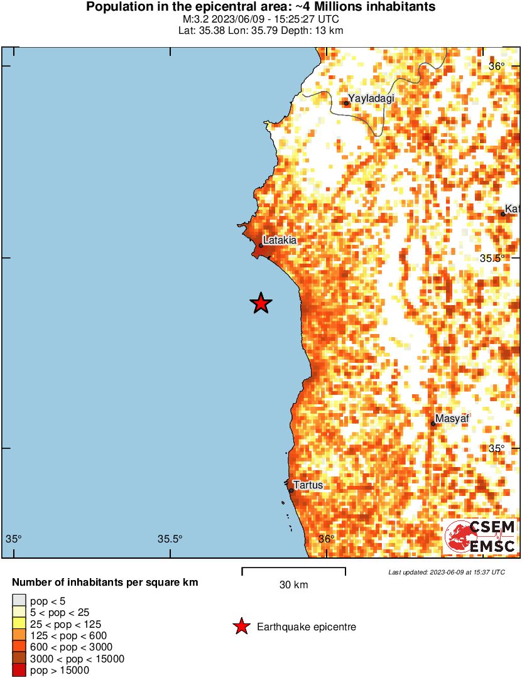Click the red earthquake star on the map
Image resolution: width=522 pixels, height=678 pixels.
(261, 303)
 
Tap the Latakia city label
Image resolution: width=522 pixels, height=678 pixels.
(280, 240)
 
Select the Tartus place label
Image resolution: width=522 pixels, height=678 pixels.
(308, 485)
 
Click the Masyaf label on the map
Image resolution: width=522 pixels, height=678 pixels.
(452, 419)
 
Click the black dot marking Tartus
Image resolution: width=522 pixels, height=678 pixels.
(291, 490)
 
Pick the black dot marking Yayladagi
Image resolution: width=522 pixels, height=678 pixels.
(346, 104)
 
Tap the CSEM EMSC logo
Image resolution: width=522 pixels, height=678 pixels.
(481, 537)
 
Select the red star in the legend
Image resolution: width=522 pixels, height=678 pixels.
(241, 627)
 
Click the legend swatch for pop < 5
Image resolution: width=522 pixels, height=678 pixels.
(19, 601)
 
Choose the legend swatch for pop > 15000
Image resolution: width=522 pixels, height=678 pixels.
(19, 670)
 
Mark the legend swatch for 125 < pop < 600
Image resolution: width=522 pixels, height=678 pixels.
(19, 636)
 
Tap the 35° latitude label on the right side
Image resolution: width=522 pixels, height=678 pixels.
(497, 448)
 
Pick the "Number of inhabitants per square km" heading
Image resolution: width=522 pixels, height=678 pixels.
(105, 583)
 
